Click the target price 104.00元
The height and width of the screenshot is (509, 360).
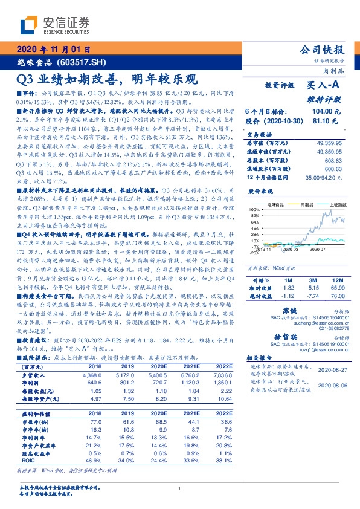pos(325,112)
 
